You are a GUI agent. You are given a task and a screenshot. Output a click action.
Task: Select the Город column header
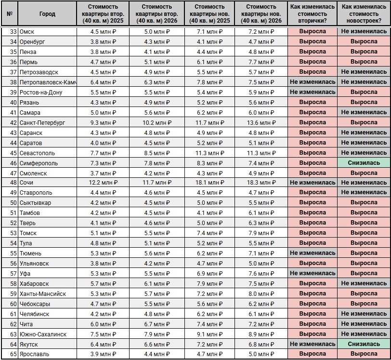[47, 14]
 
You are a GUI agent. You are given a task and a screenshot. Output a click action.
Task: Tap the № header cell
[10, 14]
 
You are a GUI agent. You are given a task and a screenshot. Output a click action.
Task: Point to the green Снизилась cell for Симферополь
[364, 163]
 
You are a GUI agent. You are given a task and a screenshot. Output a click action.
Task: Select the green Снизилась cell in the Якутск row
[364, 344]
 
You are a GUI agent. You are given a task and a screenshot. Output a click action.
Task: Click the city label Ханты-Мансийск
[43, 294]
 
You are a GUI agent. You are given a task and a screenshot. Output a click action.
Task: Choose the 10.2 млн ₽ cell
[157, 122]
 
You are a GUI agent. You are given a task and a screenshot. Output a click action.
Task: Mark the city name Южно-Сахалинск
[43, 334]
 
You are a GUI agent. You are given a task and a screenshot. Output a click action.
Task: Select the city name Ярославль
[35, 354]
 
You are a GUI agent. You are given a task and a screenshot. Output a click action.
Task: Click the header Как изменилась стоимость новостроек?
[364, 14]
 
